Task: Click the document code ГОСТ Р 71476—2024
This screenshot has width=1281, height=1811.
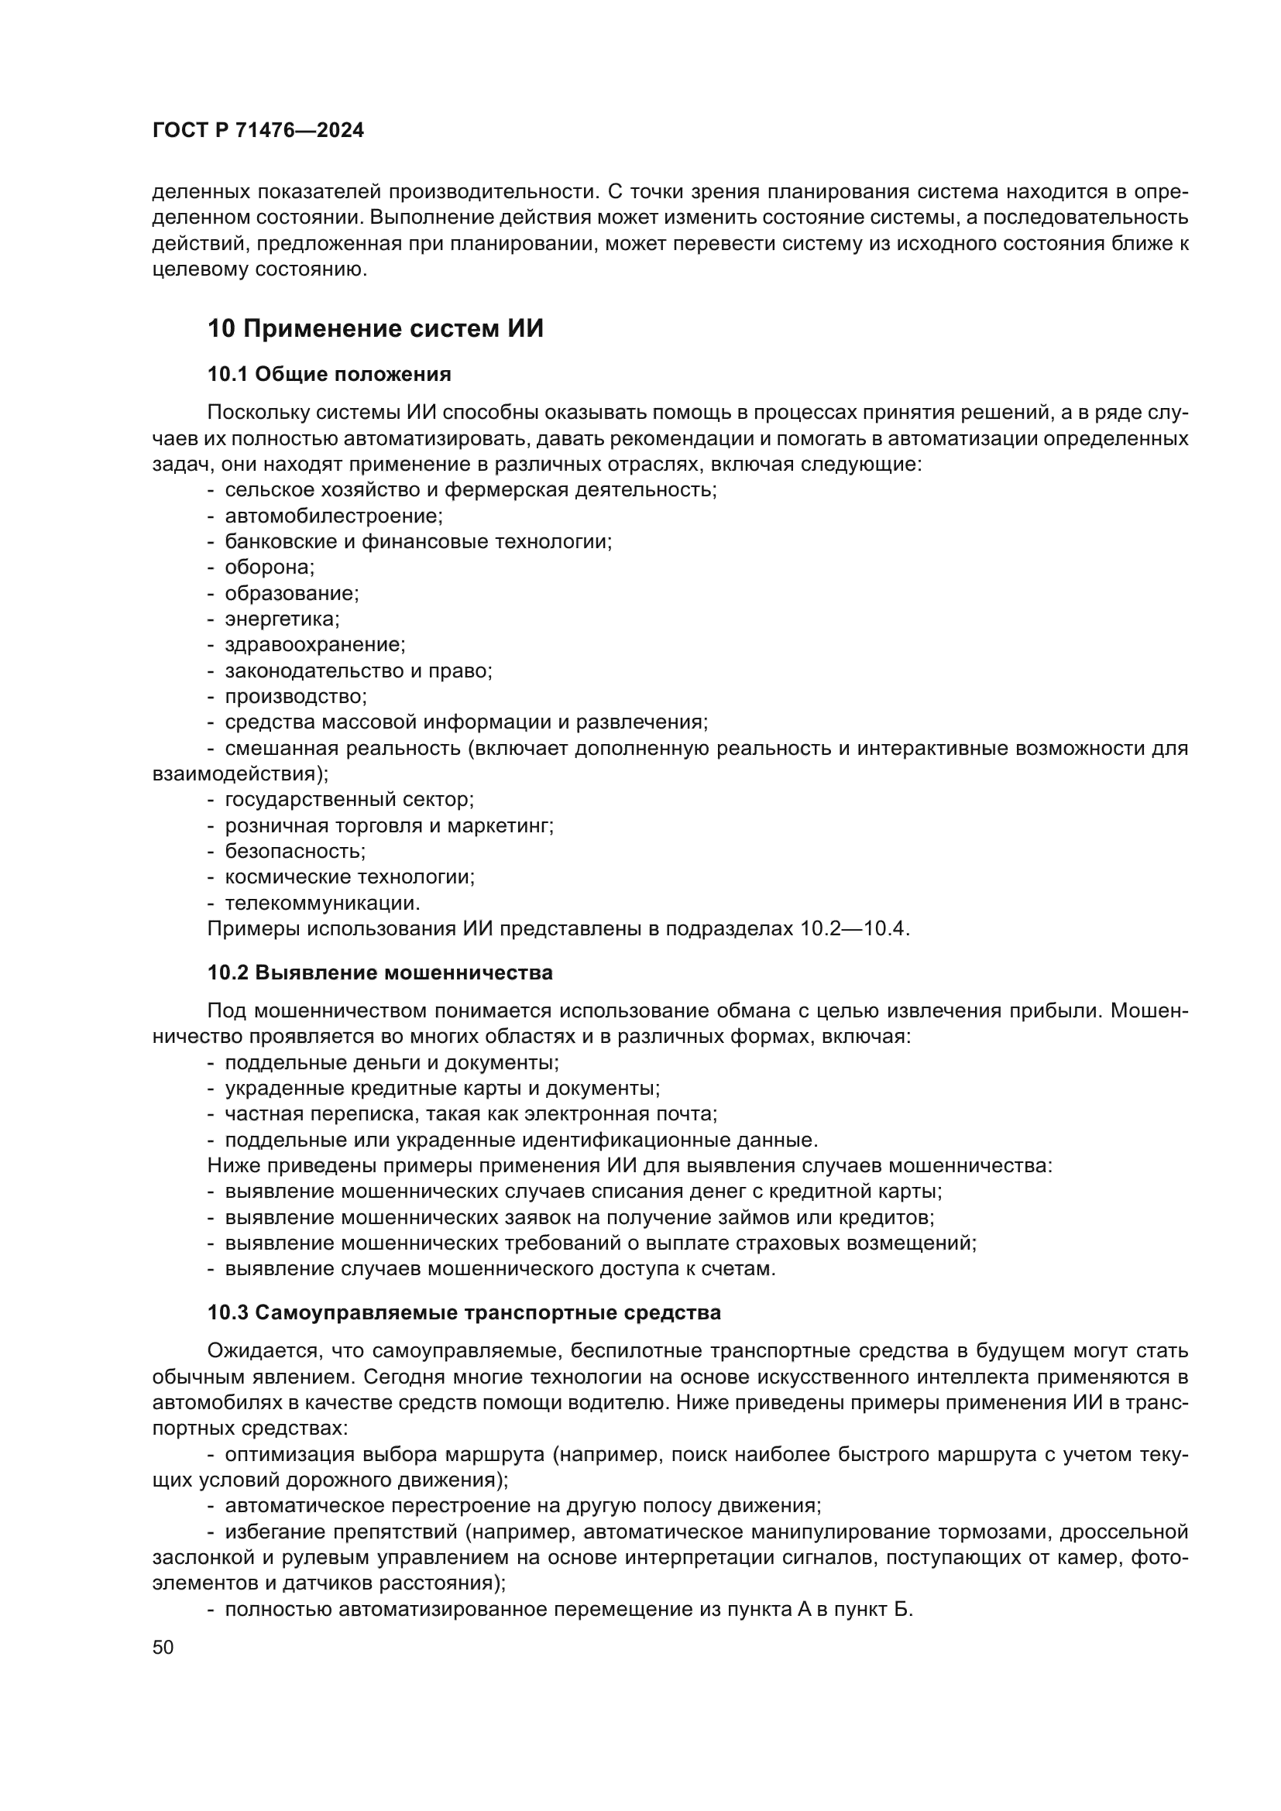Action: (258, 131)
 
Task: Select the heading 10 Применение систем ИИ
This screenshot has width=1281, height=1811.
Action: (376, 329)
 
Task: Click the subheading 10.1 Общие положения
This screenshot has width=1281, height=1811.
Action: (329, 374)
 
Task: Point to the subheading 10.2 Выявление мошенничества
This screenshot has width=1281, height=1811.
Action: (379, 972)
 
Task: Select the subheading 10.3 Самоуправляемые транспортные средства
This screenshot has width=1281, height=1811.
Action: (464, 1312)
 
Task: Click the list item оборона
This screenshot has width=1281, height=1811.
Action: (269, 567)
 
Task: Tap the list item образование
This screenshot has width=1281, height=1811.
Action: (291, 593)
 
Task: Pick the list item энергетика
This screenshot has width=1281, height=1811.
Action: (282, 619)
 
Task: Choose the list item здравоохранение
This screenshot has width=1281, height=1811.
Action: (314, 645)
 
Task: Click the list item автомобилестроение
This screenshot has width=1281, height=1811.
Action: (334, 516)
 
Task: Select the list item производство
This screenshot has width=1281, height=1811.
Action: (296, 697)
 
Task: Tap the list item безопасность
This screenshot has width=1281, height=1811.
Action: (295, 851)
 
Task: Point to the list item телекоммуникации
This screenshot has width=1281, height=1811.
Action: (322, 902)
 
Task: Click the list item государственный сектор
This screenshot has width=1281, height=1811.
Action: (349, 800)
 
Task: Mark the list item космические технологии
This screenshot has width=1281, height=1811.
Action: (349, 877)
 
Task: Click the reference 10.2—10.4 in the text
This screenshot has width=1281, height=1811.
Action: (854, 928)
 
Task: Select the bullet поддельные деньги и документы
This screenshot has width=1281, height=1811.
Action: (391, 1062)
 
